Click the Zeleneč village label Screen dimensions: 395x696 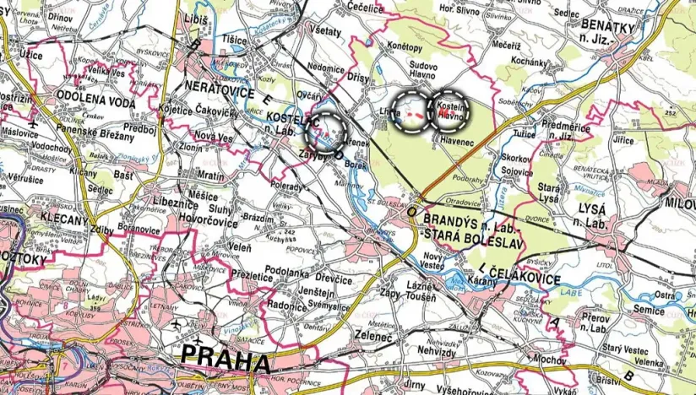click(376, 335)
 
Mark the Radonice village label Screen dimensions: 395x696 click(284, 308)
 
